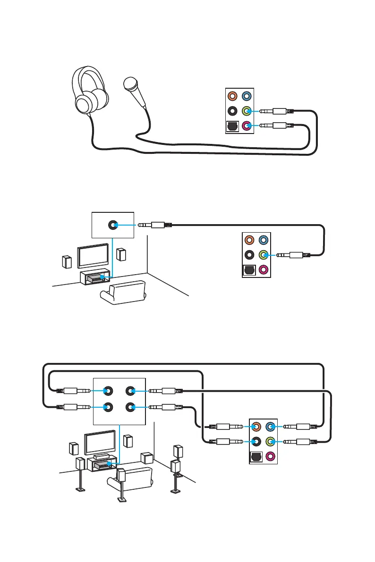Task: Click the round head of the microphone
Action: click(x=130, y=84)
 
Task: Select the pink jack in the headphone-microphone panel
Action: click(x=246, y=126)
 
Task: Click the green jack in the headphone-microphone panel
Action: click(x=246, y=111)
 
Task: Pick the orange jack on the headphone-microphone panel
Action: click(x=232, y=96)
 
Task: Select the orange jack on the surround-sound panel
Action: click(x=256, y=427)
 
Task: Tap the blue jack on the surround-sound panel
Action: click(x=270, y=427)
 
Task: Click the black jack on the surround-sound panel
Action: click(x=256, y=442)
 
